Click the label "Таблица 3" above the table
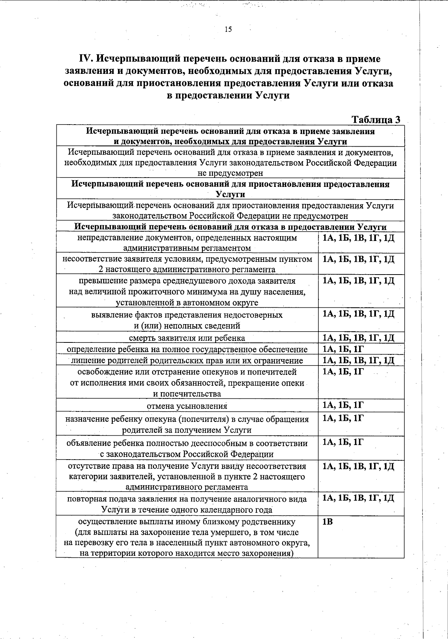376,119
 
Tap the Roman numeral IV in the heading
86,59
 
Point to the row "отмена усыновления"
187,406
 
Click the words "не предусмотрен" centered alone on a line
230,173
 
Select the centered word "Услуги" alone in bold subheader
230,194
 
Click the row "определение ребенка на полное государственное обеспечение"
187,350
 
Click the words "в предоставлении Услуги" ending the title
228,95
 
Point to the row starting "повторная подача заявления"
187,504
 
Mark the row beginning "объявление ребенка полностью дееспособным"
187,448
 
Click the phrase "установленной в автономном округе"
187,303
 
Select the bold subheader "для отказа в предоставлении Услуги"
230,227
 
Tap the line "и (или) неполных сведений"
187,326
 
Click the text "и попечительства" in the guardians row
187,394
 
